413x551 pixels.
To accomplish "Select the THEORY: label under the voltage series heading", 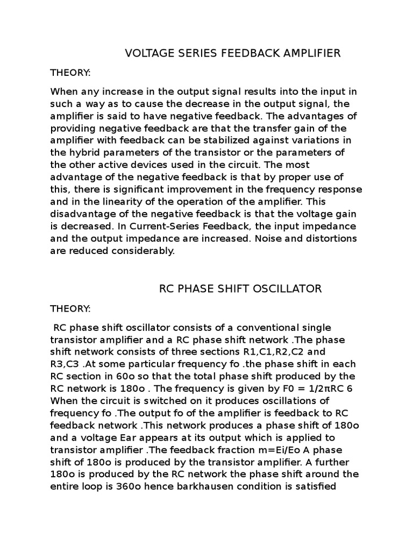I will [x=70, y=72].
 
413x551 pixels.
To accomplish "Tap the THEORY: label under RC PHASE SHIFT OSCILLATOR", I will [x=70, y=308].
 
